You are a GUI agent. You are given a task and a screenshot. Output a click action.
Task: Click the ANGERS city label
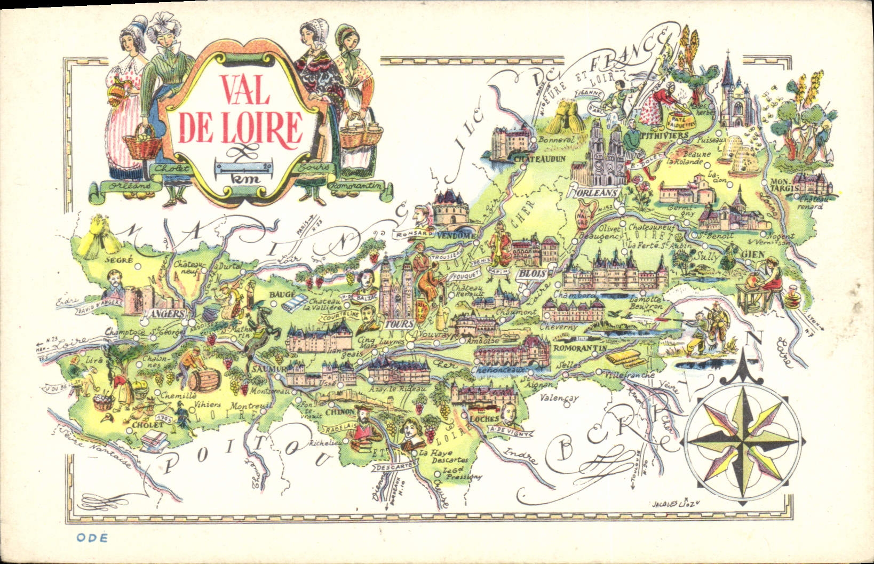(x=167, y=314)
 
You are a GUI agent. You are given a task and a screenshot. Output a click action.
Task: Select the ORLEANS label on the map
(x=594, y=192)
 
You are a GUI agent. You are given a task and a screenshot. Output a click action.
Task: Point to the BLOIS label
(x=533, y=273)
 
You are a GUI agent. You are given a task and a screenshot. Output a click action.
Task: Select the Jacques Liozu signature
(x=676, y=503)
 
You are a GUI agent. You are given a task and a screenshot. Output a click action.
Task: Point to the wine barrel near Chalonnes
(x=204, y=379)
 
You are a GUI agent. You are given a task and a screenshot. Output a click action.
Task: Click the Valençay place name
(x=559, y=399)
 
